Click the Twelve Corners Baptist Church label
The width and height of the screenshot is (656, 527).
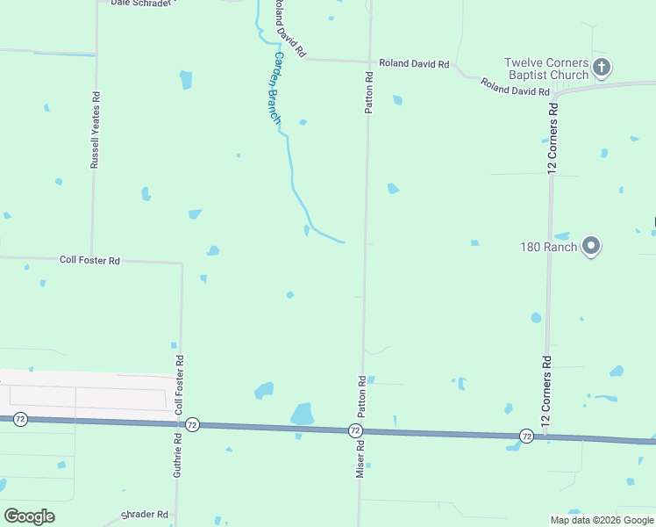tap(545, 69)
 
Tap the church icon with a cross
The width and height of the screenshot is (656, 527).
tap(602, 67)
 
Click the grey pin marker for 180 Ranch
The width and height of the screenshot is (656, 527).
tap(591, 246)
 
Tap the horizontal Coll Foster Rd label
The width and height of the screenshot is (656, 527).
tap(89, 260)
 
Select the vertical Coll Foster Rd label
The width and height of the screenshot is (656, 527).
tap(180, 385)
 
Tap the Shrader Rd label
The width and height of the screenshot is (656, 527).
tap(145, 515)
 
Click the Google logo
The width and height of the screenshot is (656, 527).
tap(30, 516)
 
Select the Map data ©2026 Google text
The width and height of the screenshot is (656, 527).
tap(602, 520)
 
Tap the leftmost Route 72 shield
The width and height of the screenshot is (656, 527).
tap(20, 420)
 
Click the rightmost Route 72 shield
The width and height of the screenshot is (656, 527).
tap(526, 435)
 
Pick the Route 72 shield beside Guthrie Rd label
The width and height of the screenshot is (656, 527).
tap(193, 425)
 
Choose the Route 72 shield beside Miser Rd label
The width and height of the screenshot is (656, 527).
tap(354, 430)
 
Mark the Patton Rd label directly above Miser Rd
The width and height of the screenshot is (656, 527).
tap(360, 396)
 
